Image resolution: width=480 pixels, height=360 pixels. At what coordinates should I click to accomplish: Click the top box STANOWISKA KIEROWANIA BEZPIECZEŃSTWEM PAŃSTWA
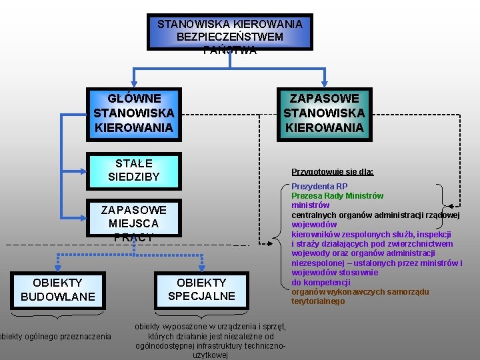click(229, 32)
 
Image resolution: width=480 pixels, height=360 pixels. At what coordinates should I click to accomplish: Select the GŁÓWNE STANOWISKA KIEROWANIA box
click(134, 113)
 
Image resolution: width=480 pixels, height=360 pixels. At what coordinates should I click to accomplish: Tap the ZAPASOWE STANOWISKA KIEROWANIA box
click(324, 113)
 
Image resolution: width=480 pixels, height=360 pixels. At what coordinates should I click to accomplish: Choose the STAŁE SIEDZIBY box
click(134, 170)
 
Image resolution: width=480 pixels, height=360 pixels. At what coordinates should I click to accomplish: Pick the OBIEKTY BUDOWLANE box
click(58, 289)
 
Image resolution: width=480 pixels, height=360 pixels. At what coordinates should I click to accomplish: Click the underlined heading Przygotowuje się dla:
click(332, 172)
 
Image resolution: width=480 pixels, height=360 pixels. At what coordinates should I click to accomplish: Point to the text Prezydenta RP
click(319, 187)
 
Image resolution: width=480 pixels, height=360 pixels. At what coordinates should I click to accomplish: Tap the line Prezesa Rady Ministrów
click(337, 196)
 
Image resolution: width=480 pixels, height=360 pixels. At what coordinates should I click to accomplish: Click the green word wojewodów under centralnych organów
click(314, 225)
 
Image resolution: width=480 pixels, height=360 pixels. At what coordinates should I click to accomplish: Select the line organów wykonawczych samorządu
click(360, 292)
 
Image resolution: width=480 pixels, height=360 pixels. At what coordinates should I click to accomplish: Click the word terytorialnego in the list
click(318, 301)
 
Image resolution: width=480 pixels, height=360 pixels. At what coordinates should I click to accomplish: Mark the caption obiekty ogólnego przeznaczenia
click(56, 337)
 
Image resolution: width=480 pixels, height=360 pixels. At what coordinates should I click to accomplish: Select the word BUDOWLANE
click(58, 296)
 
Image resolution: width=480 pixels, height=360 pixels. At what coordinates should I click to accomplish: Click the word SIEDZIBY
click(134, 177)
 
